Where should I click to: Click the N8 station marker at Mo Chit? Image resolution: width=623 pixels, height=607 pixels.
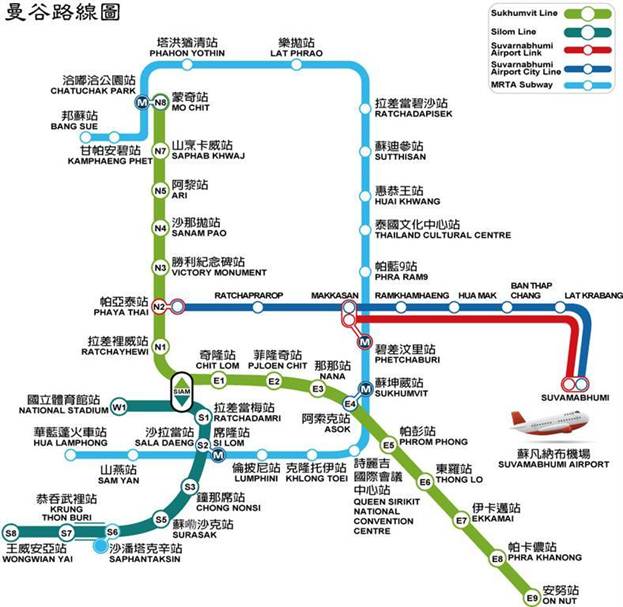point(159,102)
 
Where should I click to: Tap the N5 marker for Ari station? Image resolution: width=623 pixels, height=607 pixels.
point(159,190)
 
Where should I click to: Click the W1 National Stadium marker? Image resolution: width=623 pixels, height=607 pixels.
point(119,407)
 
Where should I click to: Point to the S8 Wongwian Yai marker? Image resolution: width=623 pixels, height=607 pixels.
point(11,532)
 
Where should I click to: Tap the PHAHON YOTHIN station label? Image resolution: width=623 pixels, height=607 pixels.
point(187,54)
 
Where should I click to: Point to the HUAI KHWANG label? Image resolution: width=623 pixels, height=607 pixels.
point(398,201)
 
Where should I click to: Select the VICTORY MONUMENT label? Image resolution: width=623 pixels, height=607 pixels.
point(216,273)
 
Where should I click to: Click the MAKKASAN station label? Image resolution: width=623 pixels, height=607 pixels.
point(335,283)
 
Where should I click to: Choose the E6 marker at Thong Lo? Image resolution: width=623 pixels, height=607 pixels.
point(424,482)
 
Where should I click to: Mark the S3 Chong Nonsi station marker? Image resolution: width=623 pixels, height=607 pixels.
point(189,487)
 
